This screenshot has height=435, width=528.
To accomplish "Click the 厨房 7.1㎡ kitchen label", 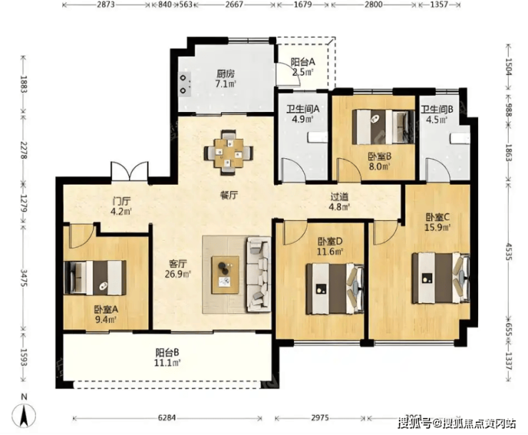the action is (225, 78).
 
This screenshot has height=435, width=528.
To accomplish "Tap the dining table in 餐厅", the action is (228, 153).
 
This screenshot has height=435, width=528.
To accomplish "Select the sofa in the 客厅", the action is (258, 274).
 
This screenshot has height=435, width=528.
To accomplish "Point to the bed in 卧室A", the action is (95, 278).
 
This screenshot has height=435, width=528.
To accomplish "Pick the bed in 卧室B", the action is (383, 127).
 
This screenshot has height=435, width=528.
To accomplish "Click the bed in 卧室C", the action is (441, 278).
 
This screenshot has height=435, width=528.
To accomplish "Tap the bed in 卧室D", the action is (335, 289).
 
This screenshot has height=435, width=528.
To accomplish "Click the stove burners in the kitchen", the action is (183, 84).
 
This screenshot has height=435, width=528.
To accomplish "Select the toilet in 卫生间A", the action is (318, 137).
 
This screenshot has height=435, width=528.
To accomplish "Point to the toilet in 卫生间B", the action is (460, 138).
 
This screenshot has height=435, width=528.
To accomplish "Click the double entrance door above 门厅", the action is (130, 173).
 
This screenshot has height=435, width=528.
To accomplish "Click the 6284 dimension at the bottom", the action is (167, 418).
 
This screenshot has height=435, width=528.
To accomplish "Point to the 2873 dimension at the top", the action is (106, 4).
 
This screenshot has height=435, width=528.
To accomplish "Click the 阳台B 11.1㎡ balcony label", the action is (168, 357).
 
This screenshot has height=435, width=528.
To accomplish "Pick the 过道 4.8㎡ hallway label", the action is (339, 201).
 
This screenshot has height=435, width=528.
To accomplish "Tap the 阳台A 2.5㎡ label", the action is (303, 66).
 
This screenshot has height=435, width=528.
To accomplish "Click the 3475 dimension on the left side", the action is (24, 277).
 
